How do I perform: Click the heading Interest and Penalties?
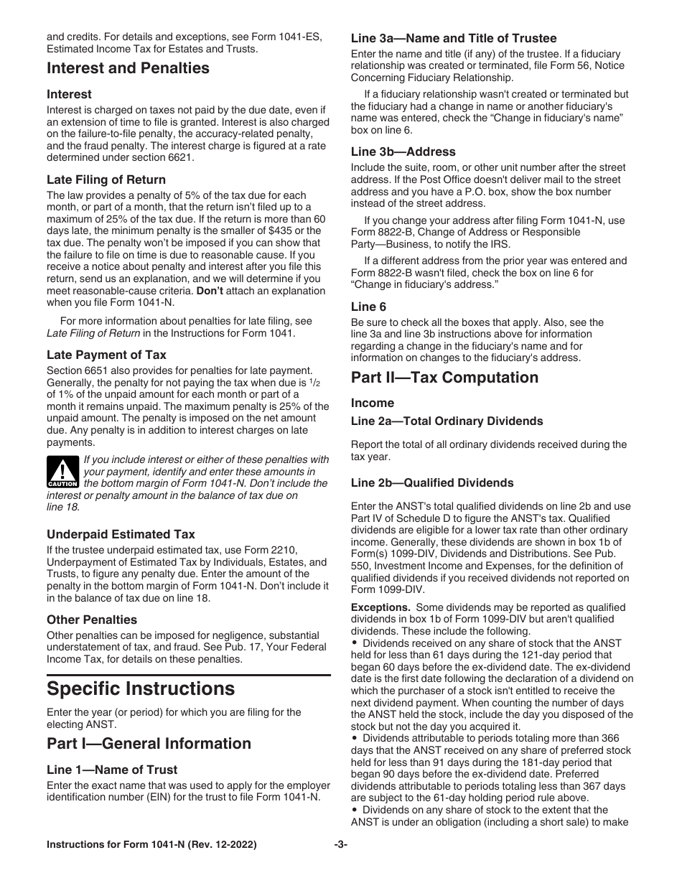click(128, 68)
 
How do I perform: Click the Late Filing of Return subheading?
click(106, 179)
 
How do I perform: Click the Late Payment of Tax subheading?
click(106, 355)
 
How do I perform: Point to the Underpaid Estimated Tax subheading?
click(121, 534)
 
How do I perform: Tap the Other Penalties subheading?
click(92, 620)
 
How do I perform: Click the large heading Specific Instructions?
click(141, 688)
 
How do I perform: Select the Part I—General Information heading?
click(149, 743)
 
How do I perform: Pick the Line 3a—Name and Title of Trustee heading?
click(454, 38)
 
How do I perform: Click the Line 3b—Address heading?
click(403, 151)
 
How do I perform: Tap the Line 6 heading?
click(369, 307)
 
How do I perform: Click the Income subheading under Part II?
click(373, 403)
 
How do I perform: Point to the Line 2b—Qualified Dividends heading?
click(432, 482)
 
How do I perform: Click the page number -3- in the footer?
click(340, 865)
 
